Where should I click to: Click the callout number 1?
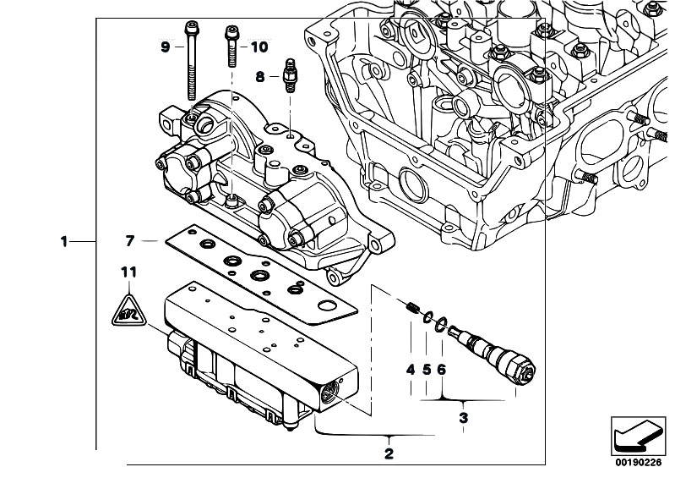64,241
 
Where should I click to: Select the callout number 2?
389,453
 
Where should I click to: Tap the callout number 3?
463,418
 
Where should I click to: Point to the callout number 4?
411,370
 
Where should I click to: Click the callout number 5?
426,370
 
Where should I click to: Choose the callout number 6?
442,370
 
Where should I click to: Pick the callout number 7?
130,241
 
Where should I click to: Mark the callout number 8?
260,77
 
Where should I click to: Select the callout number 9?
166,47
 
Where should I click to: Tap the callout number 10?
259,47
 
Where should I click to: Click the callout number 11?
128,272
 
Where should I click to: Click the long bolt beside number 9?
192,60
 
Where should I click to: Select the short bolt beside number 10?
231,47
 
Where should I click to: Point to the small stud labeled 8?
289,76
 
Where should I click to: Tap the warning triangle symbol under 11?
129,311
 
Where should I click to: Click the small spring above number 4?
412,307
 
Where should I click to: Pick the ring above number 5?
427,317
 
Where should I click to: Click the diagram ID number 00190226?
638,463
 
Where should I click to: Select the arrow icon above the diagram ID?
638,437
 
